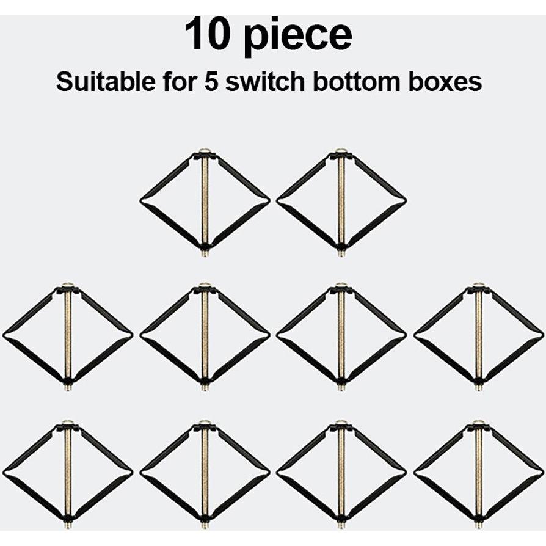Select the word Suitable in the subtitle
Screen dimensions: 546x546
tap(105, 82)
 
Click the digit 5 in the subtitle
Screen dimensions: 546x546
tap(211, 82)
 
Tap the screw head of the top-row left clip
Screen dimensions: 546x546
tap(205, 150)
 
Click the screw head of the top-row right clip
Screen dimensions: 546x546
tap(341, 150)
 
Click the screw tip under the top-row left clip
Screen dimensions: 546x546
tap(205, 253)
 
